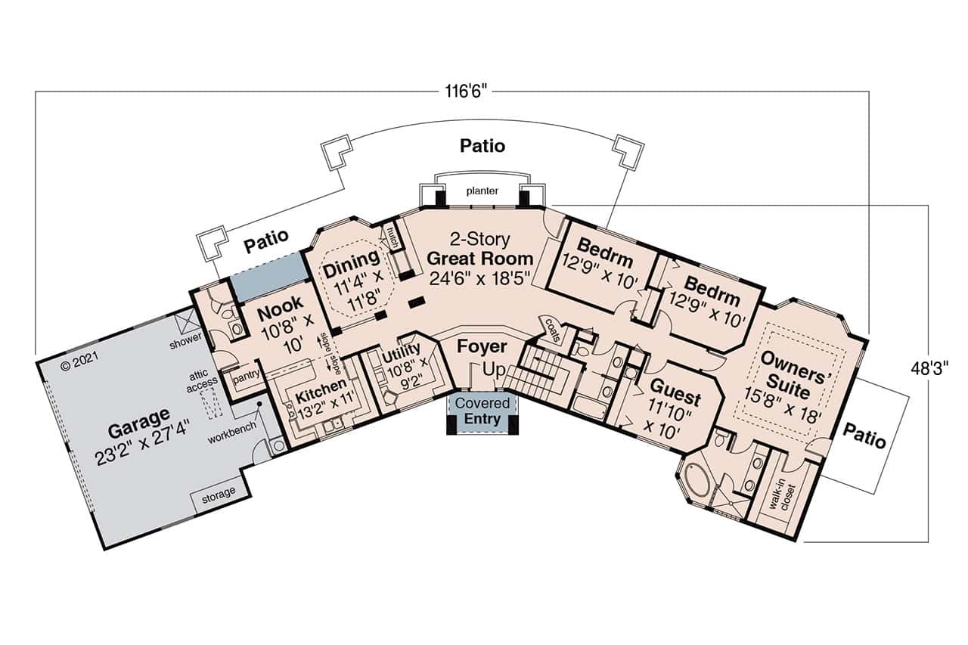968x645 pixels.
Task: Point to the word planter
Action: (x=482, y=191)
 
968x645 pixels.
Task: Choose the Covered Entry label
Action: (x=482, y=411)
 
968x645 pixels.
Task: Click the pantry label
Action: (x=247, y=375)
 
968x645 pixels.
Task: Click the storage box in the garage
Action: (x=216, y=492)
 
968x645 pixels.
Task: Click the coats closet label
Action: (x=550, y=329)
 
